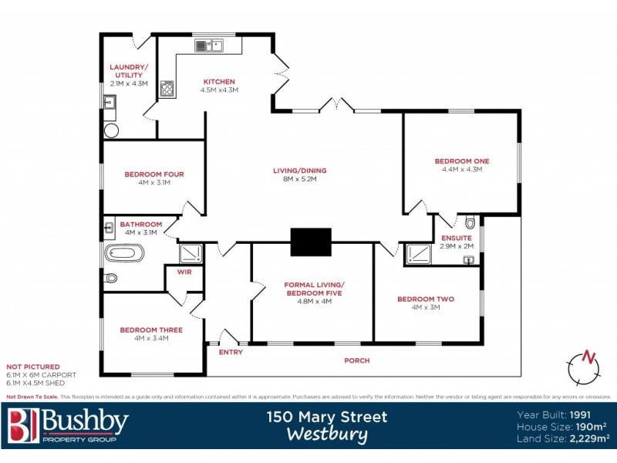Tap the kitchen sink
(x=207, y=46)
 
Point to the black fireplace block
(x=311, y=242)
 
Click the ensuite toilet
(x=470, y=224)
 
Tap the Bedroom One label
(x=462, y=161)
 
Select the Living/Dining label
(x=300, y=170)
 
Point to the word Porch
(x=356, y=360)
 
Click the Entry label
(x=231, y=353)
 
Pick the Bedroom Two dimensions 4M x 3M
(x=426, y=308)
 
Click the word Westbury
(x=327, y=434)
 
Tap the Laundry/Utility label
(x=127, y=71)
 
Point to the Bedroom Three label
(x=151, y=330)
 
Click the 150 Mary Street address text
(x=327, y=417)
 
